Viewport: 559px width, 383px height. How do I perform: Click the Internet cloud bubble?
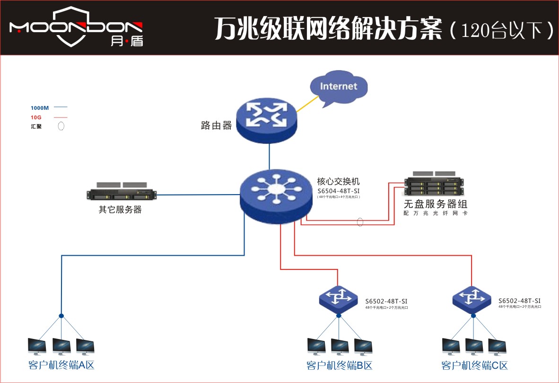pyautogui.click(x=338, y=87)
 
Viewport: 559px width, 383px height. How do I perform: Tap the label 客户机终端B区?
pyautogui.click(x=340, y=365)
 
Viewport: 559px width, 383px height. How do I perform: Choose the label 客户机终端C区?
pyautogui.click(x=474, y=365)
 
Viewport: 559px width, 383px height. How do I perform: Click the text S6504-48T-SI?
pyautogui.click(x=339, y=190)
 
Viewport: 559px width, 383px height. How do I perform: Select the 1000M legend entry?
pyautogui.click(x=40, y=108)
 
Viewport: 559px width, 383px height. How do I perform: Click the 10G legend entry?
pyautogui.click(x=36, y=117)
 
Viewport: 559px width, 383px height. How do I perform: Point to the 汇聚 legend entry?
pyautogui.click(x=36, y=126)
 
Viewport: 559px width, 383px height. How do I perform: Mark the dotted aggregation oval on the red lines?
pyautogui.click(x=360, y=221)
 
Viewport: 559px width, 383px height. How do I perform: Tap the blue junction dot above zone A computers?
pyautogui.click(x=61, y=316)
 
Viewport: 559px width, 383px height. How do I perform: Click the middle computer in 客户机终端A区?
pyautogui.click(x=61, y=347)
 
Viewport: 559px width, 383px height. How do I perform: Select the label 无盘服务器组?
pyautogui.click(x=436, y=204)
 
